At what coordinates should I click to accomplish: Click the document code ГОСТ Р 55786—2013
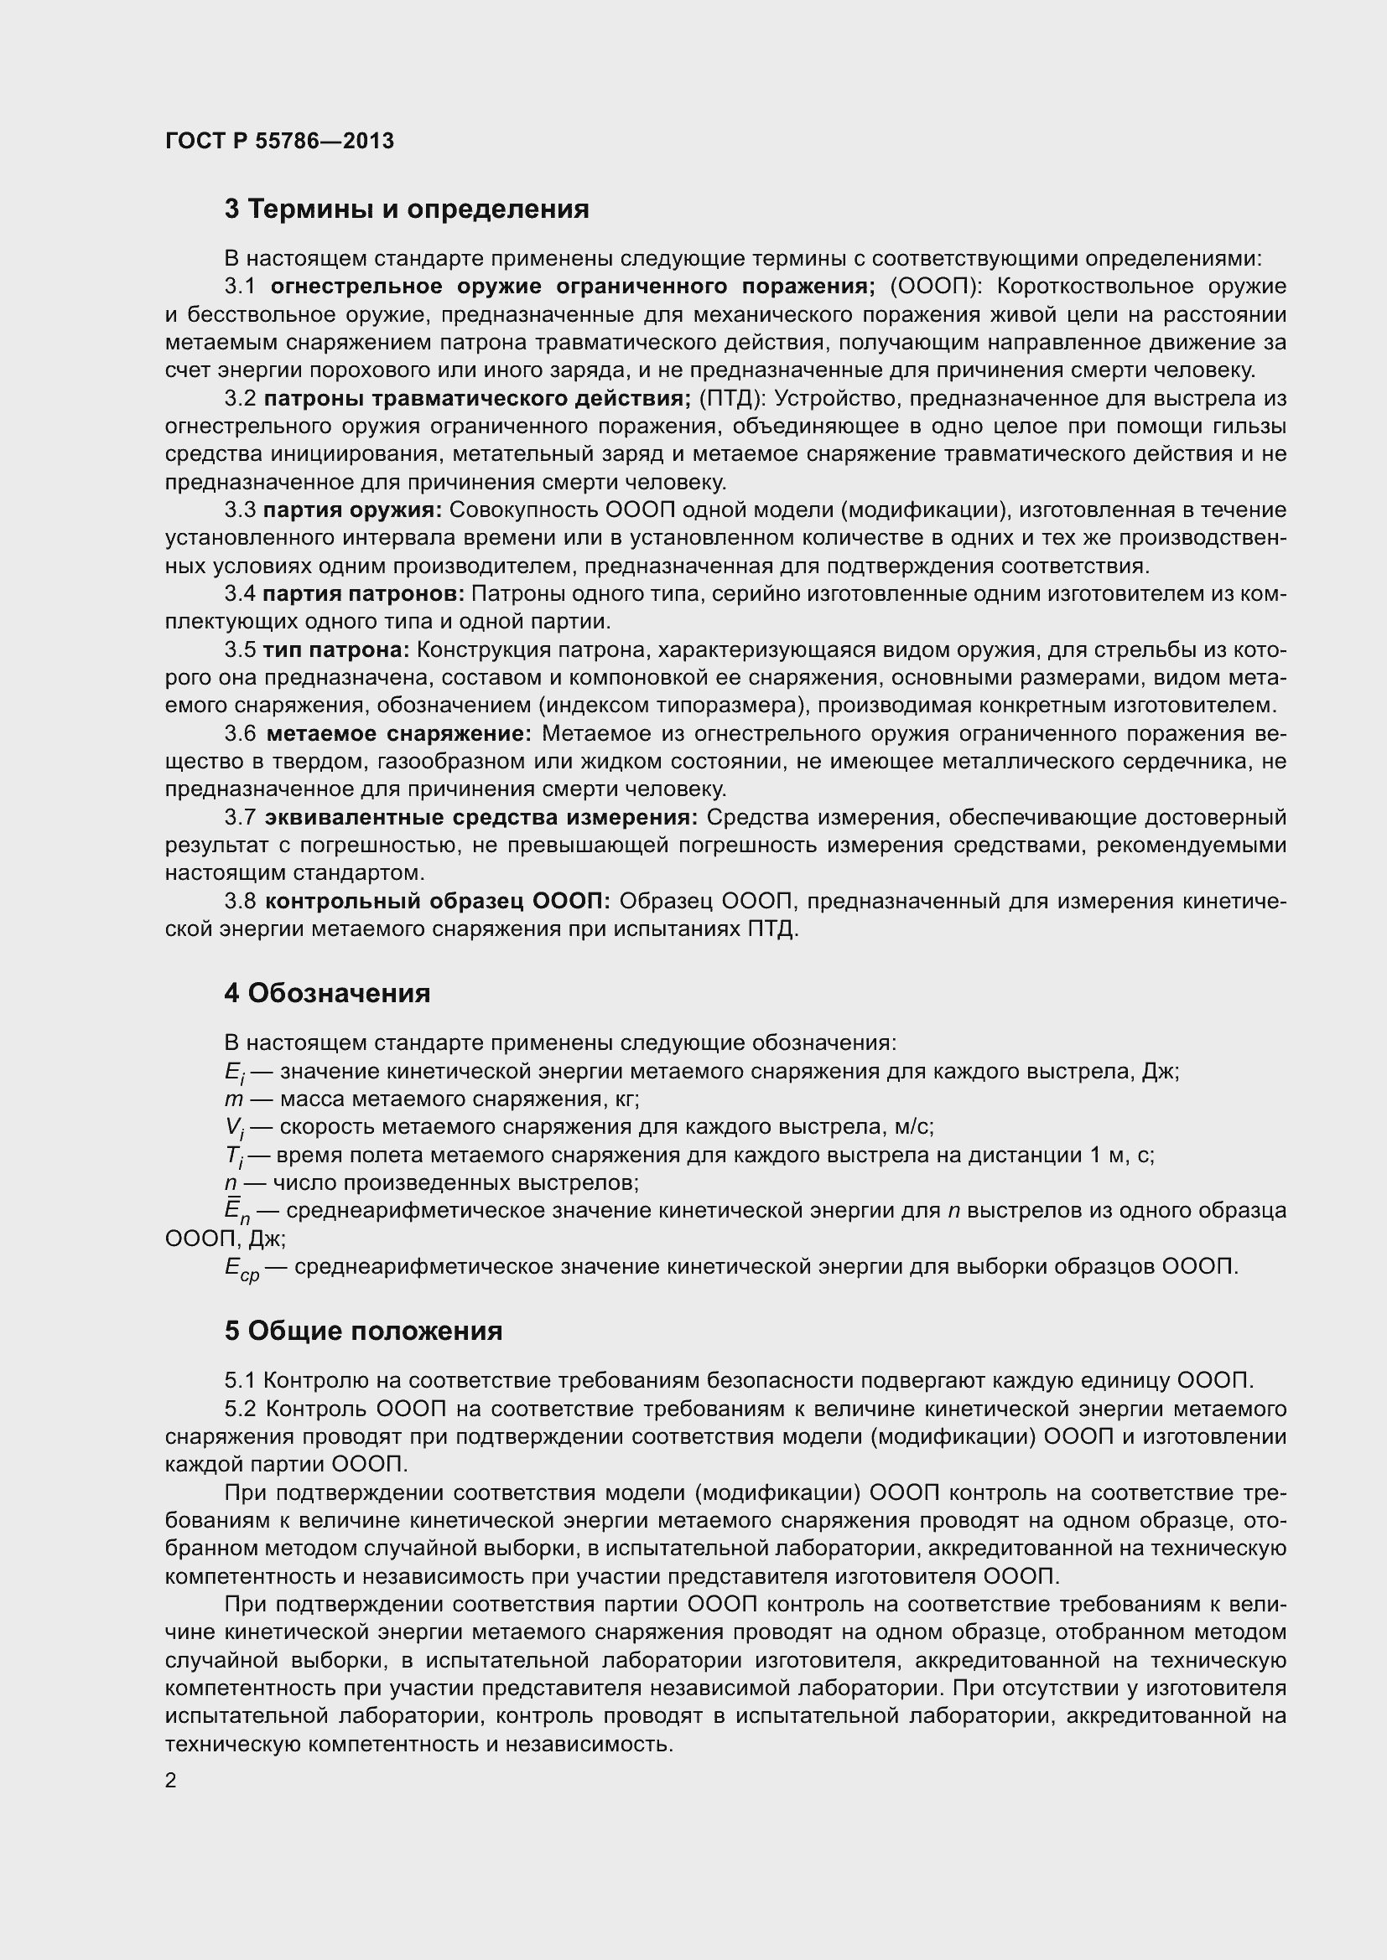(279, 141)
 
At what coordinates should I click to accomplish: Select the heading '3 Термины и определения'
(407, 209)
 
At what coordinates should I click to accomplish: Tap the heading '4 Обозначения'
(327, 994)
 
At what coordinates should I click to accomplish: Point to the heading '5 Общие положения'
(363, 1331)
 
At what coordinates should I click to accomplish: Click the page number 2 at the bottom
(171, 1781)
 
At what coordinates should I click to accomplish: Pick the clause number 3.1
(240, 286)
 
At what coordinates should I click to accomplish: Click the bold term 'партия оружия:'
(352, 510)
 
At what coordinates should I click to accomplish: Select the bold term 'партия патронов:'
(363, 594)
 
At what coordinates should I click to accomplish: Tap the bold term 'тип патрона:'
(336, 650)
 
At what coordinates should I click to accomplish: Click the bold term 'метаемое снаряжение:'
(399, 734)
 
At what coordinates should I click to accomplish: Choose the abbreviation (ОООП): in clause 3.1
(934, 286)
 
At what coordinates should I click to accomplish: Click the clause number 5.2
(240, 1409)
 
